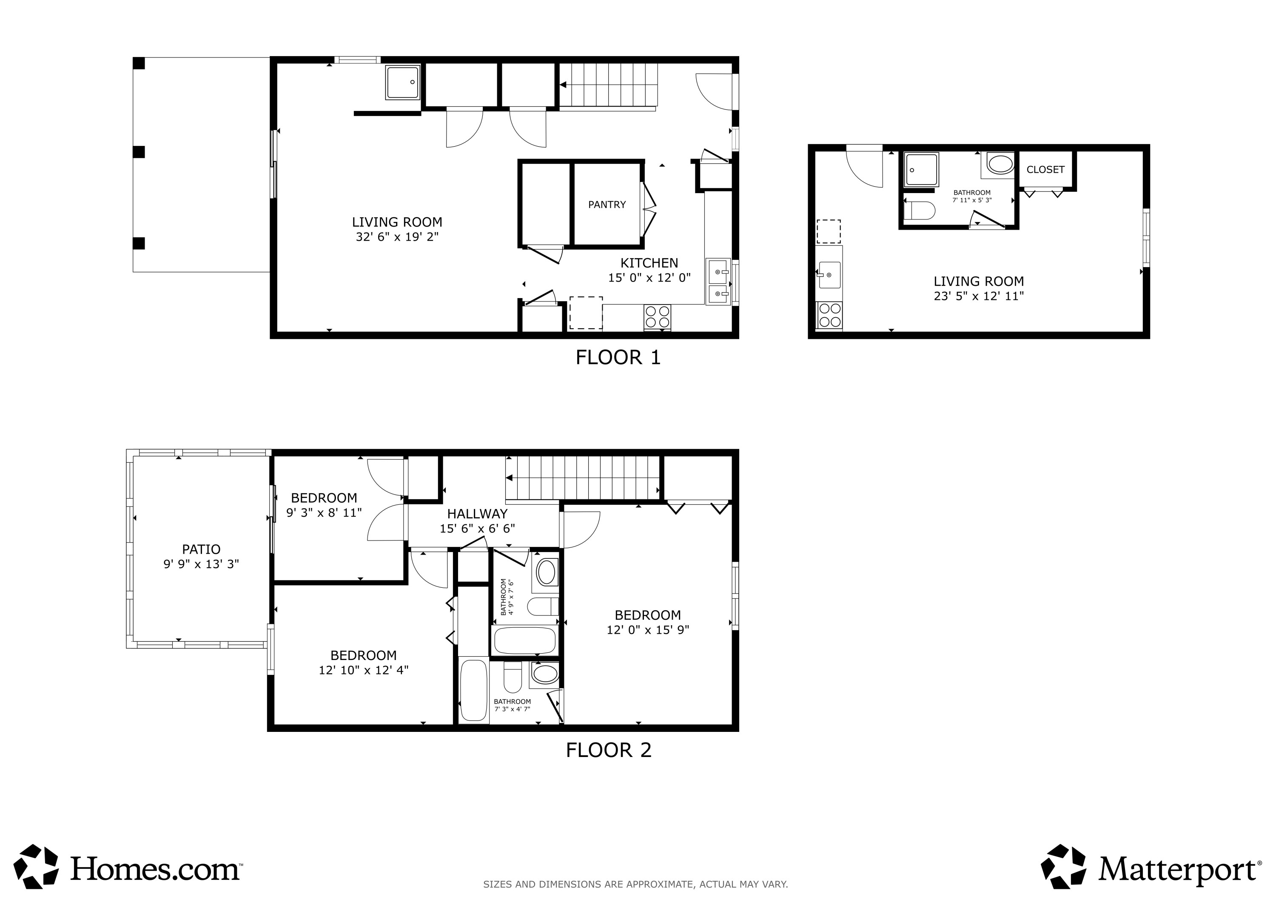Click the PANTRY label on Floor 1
[607, 205]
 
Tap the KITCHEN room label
[649, 263]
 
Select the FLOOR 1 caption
[618, 357]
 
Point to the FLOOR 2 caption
[609, 750]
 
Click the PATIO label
[201, 549]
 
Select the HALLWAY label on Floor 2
[477, 514]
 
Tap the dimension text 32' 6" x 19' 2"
[397, 237]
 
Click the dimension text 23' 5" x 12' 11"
[979, 296]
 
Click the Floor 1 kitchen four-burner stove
[658, 317]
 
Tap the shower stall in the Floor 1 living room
[403, 82]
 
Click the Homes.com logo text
[156, 869]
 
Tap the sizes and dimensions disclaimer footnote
[635, 884]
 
